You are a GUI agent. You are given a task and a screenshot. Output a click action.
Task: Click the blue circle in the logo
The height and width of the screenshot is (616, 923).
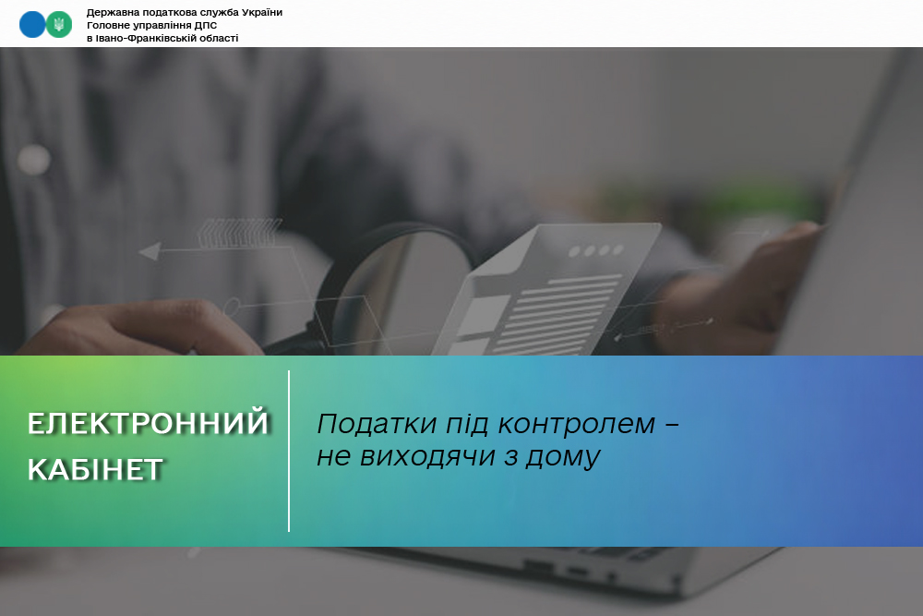click(x=31, y=25)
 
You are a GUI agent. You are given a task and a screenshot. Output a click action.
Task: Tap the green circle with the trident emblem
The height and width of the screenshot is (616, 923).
click(x=59, y=25)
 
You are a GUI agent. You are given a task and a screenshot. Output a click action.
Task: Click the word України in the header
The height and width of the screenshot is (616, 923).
click(x=262, y=12)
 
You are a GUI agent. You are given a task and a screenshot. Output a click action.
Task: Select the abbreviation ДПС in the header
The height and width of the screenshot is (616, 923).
click(x=206, y=25)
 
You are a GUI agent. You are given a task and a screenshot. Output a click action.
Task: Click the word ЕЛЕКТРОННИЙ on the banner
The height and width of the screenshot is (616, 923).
click(x=148, y=423)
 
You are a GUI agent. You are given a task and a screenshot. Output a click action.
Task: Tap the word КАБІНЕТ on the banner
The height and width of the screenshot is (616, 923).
click(x=95, y=470)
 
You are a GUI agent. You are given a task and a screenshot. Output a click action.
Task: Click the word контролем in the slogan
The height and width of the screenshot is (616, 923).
click(x=577, y=424)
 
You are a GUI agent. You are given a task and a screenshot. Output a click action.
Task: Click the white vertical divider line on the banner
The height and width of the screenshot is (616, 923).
click(x=289, y=451)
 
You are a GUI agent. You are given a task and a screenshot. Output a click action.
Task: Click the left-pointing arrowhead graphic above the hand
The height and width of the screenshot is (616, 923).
click(x=150, y=251)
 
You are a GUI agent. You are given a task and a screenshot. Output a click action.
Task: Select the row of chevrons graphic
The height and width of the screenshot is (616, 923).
click(x=238, y=232)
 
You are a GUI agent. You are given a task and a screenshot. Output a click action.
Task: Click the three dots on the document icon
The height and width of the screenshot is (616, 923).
click(x=595, y=251)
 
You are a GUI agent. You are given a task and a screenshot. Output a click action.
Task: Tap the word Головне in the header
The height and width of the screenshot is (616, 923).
click(x=106, y=25)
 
